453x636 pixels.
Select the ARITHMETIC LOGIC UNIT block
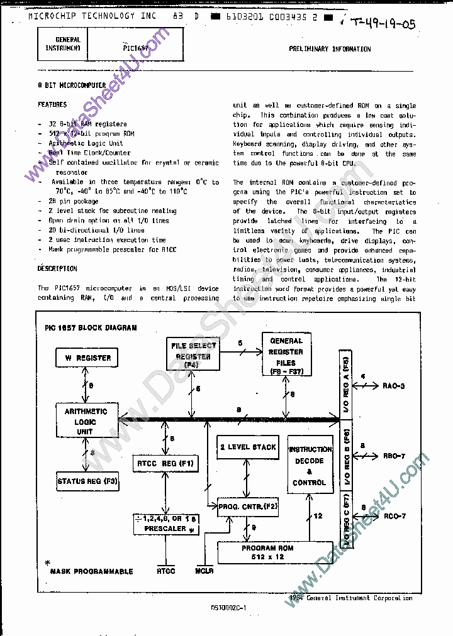point(86,422)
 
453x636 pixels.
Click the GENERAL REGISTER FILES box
point(286,356)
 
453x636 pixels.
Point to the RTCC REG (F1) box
point(165,464)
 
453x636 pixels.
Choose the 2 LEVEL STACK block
point(248,447)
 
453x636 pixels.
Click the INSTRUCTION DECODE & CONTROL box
point(310,465)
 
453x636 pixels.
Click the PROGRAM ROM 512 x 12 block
point(267,552)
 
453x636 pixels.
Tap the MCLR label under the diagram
point(204,571)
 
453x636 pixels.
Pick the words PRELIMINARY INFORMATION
point(330,49)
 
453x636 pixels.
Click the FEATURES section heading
point(52,104)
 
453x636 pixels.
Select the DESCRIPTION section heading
point(57,268)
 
